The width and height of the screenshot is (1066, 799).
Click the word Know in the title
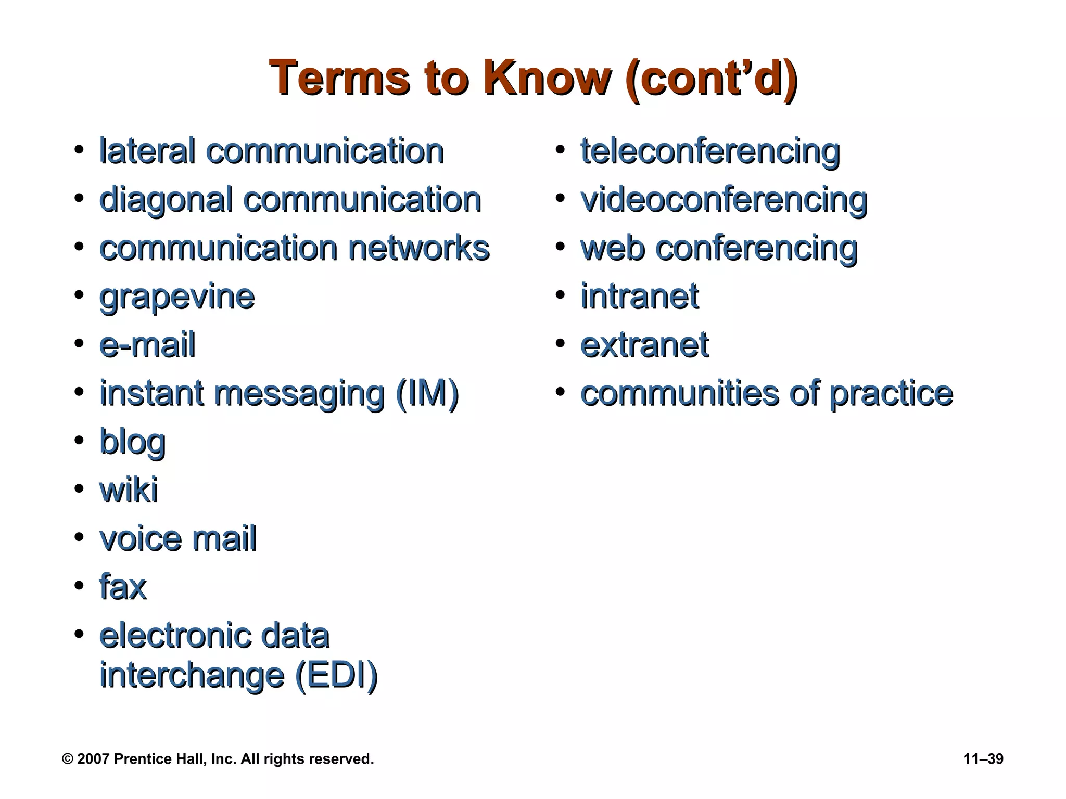click(x=547, y=78)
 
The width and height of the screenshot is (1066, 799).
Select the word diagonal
click(x=166, y=200)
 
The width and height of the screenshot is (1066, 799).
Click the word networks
click(x=419, y=248)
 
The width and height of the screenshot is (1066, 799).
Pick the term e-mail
click(x=147, y=345)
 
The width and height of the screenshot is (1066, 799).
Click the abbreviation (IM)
click(x=427, y=393)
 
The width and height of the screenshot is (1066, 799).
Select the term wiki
click(x=129, y=490)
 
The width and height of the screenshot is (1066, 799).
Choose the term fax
click(x=123, y=587)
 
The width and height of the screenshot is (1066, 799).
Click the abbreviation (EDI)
click(x=336, y=675)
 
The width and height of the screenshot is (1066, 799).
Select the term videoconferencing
click(x=724, y=200)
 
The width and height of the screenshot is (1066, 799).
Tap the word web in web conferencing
click(x=613, y=248)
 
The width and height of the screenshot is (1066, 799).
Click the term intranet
click(x=640, y=297)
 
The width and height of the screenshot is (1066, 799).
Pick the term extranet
click(x=644, y=345)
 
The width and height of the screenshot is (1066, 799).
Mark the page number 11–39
click(x=983, y=759)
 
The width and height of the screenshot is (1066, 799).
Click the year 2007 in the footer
click(x=93, y=759)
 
